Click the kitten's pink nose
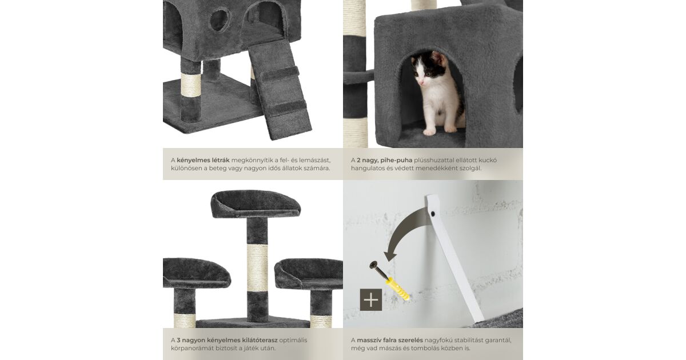(422, 83)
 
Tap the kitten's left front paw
(429, 131)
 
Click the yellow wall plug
(397, 289)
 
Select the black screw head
(374, 265)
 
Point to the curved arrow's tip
(389, 261)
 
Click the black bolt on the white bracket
(433, 214)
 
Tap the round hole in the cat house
(220, 20)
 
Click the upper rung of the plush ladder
(280, 74)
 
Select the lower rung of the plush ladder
(286, 108)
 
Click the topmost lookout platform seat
(256, 204)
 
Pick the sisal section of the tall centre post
(257, 268)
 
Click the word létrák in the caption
(220, 160)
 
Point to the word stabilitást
(470, 340)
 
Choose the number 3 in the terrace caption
(178, 340)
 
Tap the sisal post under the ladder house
(191, 85)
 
